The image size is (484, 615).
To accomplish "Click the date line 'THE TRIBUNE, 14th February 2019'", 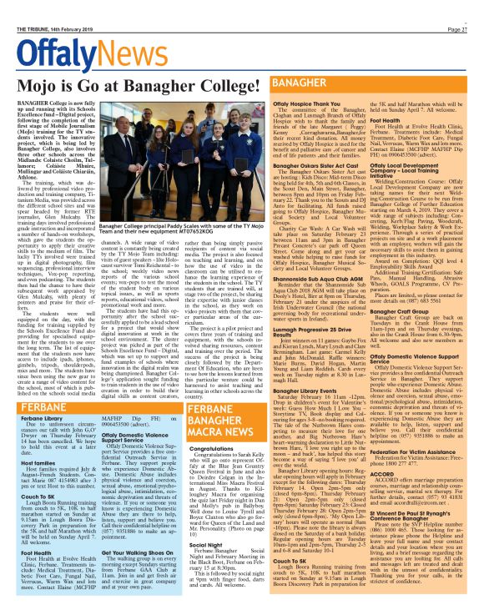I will [50, 8].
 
